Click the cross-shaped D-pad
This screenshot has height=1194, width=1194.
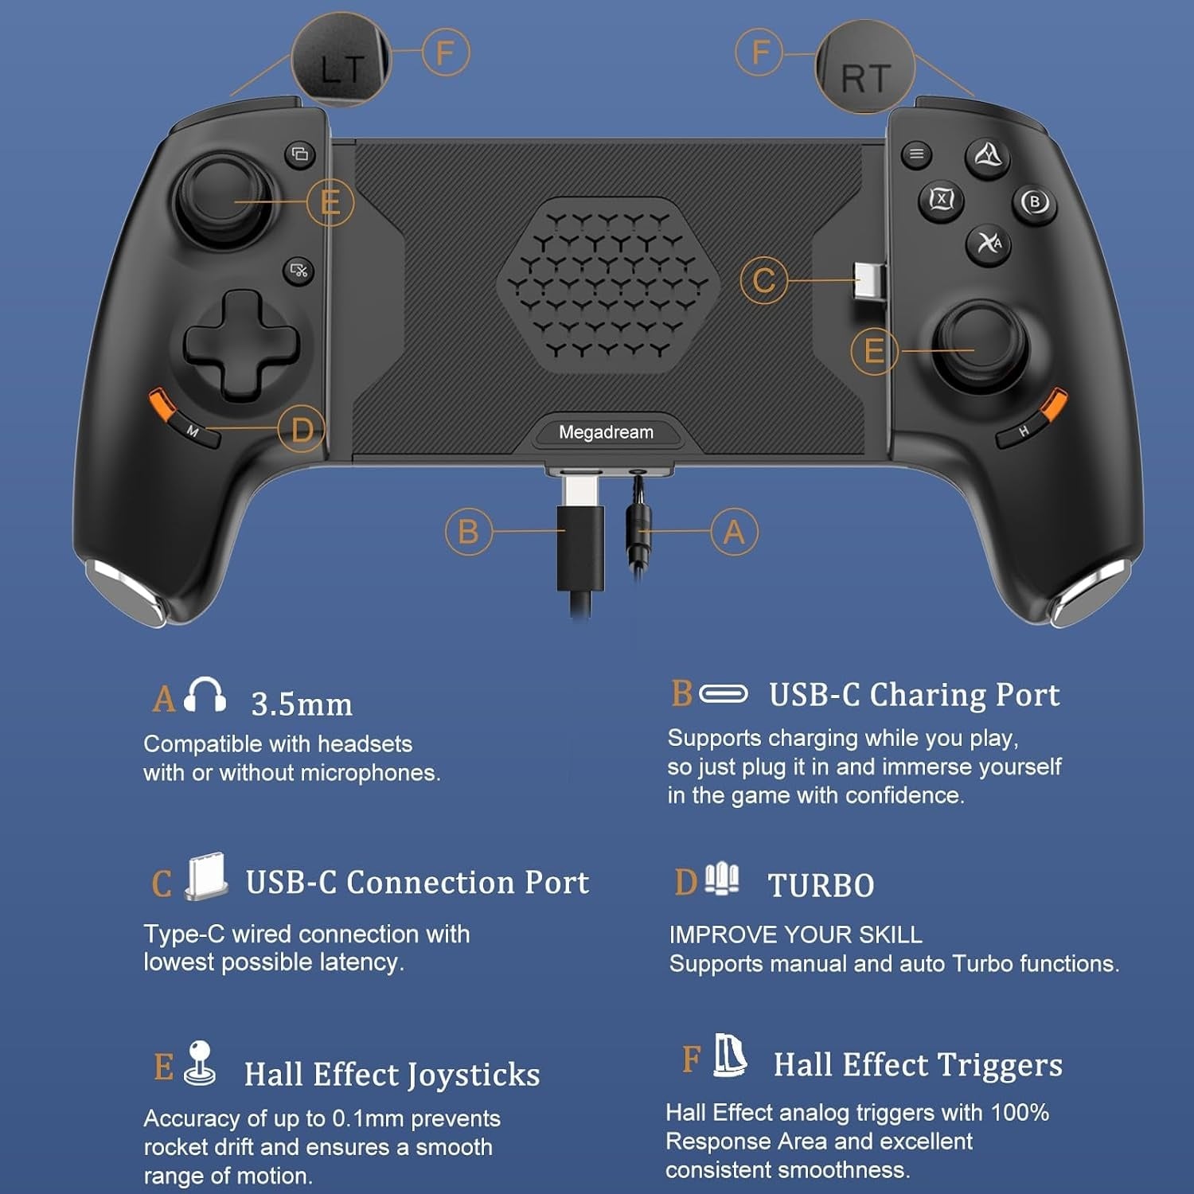click(241, 345)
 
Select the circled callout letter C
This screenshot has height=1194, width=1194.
click(763, 280)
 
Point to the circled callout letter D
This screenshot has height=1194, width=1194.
click(302, 430)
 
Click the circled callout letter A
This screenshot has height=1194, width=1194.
click(734, 532)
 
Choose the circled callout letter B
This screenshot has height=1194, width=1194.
click(468, 531)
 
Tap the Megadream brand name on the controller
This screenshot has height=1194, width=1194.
click(606, 432)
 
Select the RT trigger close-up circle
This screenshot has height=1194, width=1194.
click(865, 67)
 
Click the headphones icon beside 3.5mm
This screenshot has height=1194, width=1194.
click(205, 695)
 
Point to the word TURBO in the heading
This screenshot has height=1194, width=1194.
click(821, 885)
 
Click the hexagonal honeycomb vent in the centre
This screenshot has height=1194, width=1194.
click(608, 285)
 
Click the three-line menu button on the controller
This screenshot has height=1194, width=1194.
click(916, 154)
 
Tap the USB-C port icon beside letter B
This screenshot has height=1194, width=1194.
click(723, 694)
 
